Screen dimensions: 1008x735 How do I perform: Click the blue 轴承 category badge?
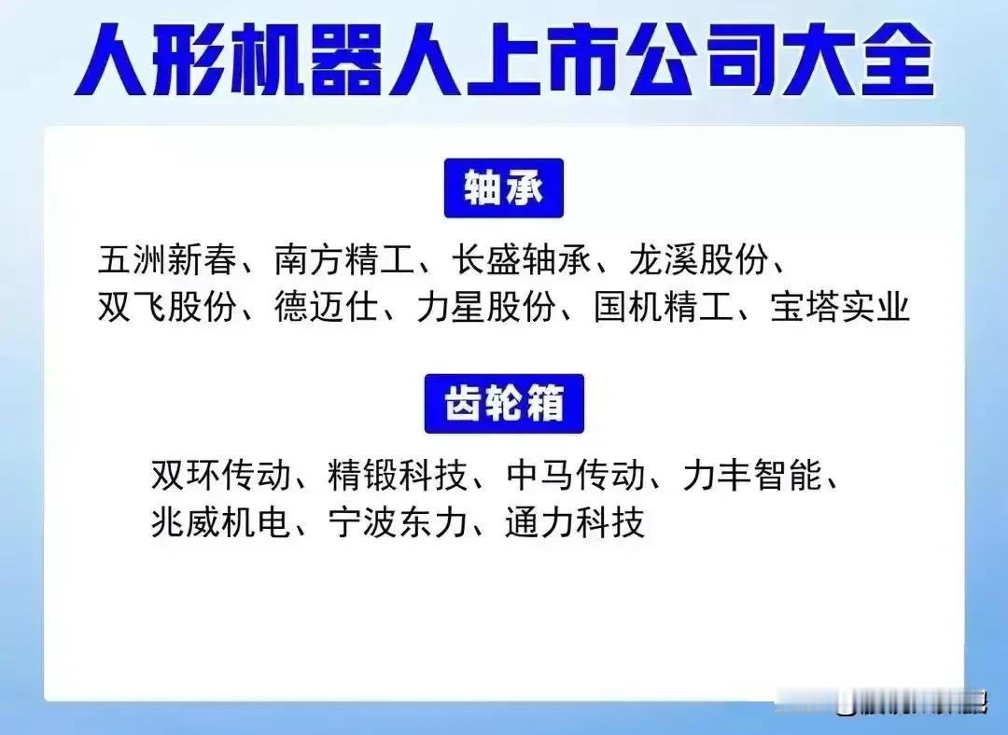pyautogui.click(x=503, y=188)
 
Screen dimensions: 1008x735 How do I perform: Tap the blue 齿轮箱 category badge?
pyautogui.click(x=504, y=404)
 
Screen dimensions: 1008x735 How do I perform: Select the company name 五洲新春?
pyautogui.click(x=167, y=259)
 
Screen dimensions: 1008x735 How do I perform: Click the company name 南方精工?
pyautogui.click(x=343, y=259)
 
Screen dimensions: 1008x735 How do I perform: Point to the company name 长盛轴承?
pyautogui.click(x=521, y=259)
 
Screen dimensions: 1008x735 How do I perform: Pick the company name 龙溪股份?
pyautogui.click(x=698, y=259)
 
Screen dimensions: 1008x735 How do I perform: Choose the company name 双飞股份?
pyautogui.click(x=167, y=307)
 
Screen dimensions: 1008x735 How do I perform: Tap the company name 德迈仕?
pyautogui.click(x=327, y=307)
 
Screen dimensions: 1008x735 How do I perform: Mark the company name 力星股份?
pyautogui.click(x=486, y=307)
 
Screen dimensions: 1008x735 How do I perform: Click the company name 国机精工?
pyautogui.click(x=663, y=307)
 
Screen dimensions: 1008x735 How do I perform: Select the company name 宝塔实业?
pyautogui.click(x=840, y=307)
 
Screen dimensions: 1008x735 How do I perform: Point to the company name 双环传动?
pyautogui.click(x=220, y=475)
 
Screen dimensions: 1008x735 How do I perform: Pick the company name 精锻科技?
pyautogui.click(x=398, y=475)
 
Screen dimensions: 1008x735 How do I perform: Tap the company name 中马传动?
pyautogui.click(x=575, y=475)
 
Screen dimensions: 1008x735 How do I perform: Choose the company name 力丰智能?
pyautogui.click(x=752, y=475)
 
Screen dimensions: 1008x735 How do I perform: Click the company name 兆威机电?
pyautogui.click(x=220, y=521)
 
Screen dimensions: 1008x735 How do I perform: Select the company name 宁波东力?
pyautogui.click(x=398, y=521)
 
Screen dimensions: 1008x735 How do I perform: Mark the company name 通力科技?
pyautogui.click(x=575, y=521)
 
